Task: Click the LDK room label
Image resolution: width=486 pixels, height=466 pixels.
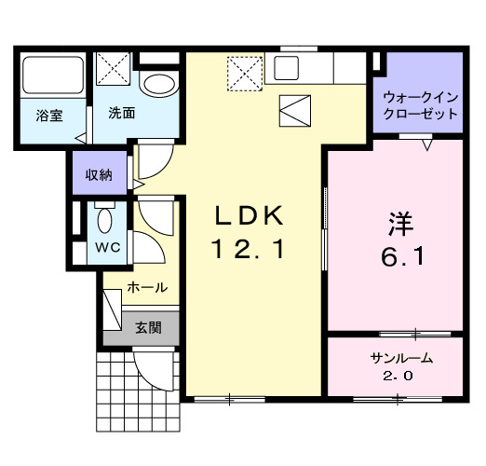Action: tap(248, 216)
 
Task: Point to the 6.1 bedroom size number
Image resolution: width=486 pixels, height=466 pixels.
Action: tap(403, 258)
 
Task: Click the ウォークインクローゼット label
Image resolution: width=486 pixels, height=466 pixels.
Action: tap(422, 105)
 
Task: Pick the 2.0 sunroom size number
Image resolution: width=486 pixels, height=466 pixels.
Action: tap(396, 377)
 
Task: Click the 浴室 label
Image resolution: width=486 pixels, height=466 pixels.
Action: tap(48, 116)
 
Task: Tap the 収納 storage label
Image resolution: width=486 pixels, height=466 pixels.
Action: tap(99, 175)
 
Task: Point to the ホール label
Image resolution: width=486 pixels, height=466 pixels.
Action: tap(146, 288)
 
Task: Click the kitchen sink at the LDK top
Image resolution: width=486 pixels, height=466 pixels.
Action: tap(285, 68)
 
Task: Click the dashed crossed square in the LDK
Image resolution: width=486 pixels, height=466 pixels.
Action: tap(244, 73)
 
